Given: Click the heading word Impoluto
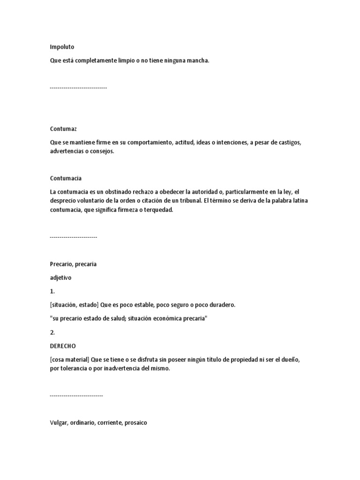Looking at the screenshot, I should [62, 47].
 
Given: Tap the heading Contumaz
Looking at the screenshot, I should [63, 128].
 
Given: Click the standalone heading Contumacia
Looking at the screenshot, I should [66, 178].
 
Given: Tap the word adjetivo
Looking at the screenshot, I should [61, 277].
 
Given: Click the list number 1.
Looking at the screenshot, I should [52, 291].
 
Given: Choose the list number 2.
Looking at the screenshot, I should [52, 332].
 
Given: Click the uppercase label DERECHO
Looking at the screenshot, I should [63, 346].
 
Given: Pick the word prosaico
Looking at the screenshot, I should [136, 423].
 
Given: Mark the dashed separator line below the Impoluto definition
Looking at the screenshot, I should [78, 88].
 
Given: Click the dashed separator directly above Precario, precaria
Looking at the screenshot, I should [73, 237].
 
